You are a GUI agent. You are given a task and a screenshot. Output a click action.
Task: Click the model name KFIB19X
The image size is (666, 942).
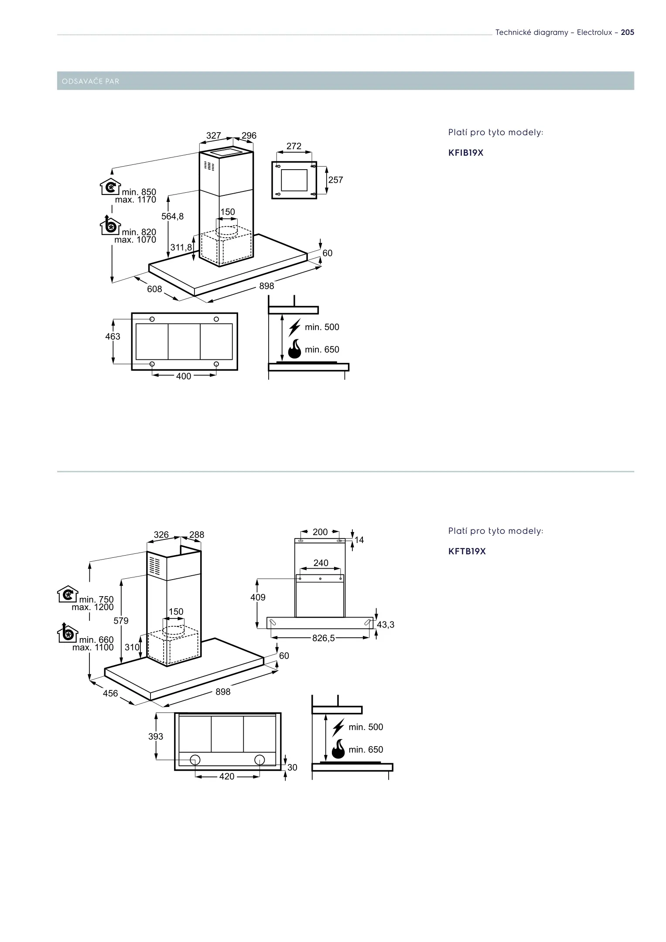[x=466, y=153]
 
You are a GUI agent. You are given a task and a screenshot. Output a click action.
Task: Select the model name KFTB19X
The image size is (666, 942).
[x=467, y=551]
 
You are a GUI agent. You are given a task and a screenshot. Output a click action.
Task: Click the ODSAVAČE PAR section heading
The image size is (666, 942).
[x=91, y=82]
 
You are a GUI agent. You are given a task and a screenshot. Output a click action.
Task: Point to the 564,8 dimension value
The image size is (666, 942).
[x=173, y=216]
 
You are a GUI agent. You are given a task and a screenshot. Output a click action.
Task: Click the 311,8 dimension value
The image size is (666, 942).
[x=181, y=247]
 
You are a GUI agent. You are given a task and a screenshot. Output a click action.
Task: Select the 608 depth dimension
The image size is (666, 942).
[x=154, y=289]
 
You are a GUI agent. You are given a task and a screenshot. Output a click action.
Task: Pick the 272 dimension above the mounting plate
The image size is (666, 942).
[x=294, y=146]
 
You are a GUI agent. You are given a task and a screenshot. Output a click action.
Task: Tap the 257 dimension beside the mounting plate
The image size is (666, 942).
[x=335, y=180]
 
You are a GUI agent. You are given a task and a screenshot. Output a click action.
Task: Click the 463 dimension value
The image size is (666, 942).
[x=113, y=336]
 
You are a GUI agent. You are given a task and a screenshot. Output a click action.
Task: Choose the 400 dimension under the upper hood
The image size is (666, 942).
[x=184, y=376]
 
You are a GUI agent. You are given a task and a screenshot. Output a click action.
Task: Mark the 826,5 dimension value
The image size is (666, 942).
[x=323, y=638]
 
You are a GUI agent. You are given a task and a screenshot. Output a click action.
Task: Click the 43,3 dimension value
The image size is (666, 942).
[x=386, y=625]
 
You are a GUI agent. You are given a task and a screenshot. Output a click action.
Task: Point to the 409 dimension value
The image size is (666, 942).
[x=258, y=597]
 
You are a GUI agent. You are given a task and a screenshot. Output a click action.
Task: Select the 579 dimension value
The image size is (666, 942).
[x=121, y=620]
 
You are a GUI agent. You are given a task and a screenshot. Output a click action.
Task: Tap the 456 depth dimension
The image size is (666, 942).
[x=110, y=693]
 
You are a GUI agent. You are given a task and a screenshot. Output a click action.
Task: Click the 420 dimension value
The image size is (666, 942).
[x=227, y=776]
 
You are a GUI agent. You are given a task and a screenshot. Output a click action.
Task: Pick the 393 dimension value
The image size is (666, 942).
[x=156, y=736]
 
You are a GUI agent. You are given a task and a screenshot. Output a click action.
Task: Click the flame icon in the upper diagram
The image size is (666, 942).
[x=295, y=348]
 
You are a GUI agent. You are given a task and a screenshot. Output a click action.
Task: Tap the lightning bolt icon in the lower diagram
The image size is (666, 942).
[x=338, y=727]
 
